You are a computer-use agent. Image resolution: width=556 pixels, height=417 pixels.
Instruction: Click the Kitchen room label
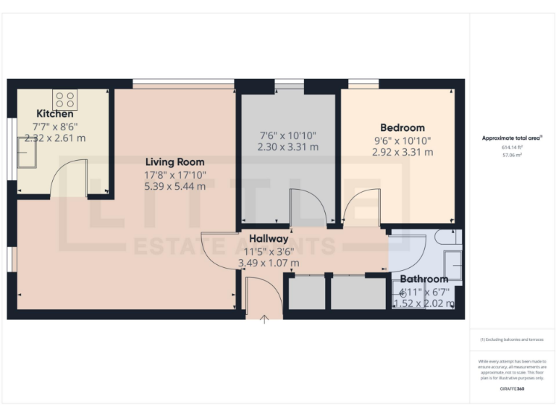(x=55, y=114)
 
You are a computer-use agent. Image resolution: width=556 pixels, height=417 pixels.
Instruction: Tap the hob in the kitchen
(x=64, y=99)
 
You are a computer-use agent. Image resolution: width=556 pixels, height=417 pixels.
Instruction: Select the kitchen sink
(x=28, y=152)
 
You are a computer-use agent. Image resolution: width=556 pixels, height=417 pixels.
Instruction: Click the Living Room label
(x=174, y=162)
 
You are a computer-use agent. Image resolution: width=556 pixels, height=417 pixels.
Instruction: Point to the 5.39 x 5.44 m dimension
(x=174, y=186)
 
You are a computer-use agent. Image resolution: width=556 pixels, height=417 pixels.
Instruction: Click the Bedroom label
(x=403, y=127)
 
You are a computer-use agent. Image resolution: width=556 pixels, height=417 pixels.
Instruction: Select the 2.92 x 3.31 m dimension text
(x=403, y=152)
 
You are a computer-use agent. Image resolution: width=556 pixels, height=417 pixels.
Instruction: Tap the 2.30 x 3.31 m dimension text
(x=287, y=148)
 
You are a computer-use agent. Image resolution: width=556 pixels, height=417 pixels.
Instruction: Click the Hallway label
(x=269, y=238)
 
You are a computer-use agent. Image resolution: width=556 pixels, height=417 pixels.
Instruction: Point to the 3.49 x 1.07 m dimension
(x=269, y=263)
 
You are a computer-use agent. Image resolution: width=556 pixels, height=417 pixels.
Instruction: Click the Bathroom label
(x=424, y=279)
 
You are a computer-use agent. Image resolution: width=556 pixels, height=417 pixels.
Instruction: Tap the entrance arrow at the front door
(x=264, y=319)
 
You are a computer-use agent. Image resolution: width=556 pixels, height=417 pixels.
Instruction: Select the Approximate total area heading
(x=512, y=138)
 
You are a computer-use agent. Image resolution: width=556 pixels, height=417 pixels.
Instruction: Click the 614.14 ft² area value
(x=512, y=147)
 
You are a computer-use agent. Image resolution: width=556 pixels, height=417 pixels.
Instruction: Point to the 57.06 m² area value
(x=512, y=155)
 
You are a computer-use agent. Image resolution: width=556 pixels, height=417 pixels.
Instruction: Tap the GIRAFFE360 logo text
(x=512, y=389)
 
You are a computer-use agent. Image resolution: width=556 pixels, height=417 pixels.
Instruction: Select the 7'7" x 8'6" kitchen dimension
(x=55, y=126)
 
